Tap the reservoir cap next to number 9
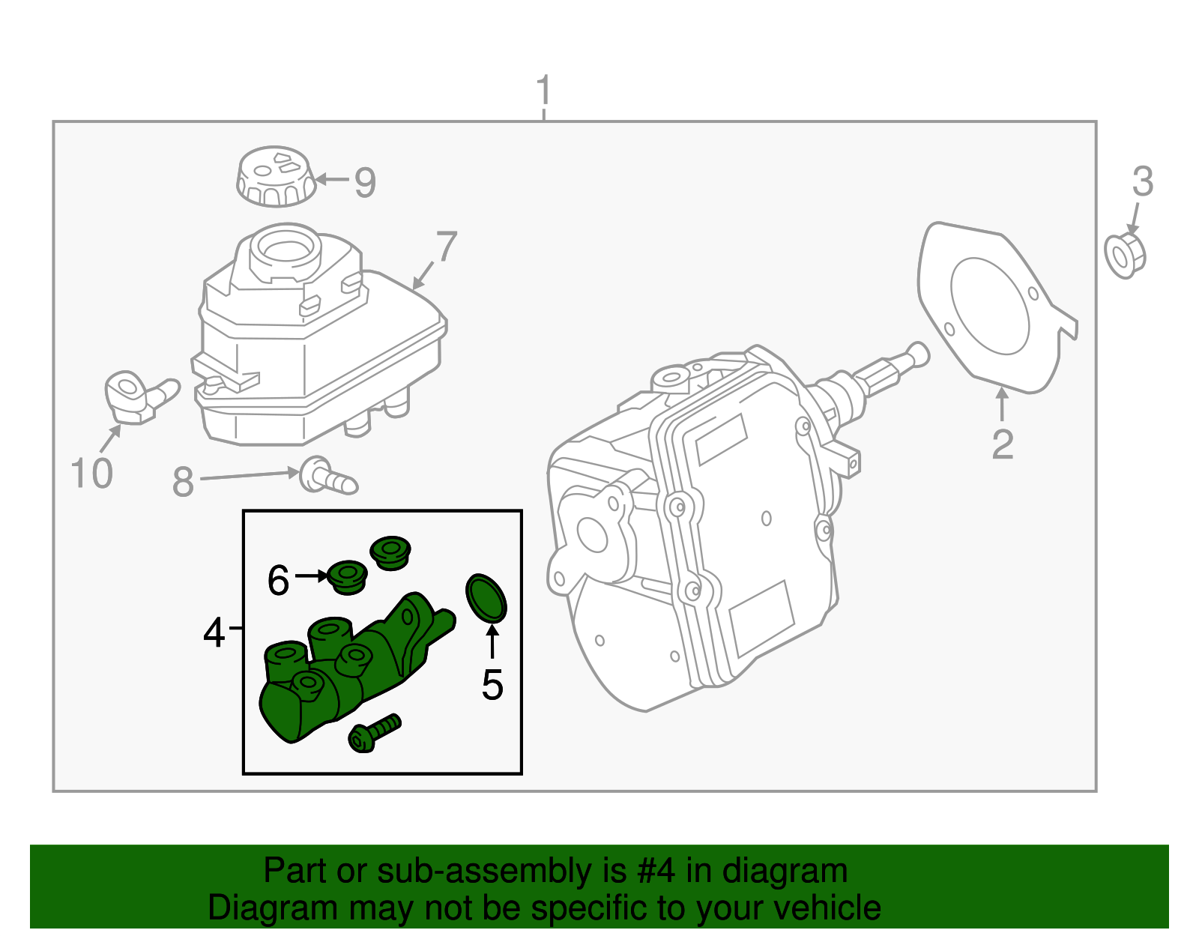pos(275,176)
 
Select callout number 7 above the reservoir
pos(446,247)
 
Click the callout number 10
pos(91,474)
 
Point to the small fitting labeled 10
pos(135,396)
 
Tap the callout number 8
pos(183,482)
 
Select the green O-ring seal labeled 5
pos(486,598)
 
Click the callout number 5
pos(492,684)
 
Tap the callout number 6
pos(278,580)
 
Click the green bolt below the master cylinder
pos(374,734)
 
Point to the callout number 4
pos(214,633)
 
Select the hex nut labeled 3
pos(1125,256)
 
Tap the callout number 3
pos(1142,182)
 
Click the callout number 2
pos(1002,444)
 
